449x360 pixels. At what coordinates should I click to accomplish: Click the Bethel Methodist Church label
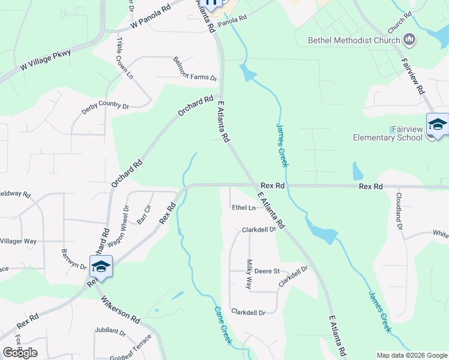354,41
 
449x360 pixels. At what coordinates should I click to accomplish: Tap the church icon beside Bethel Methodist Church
410,40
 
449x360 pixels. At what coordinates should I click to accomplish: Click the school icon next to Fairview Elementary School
437,124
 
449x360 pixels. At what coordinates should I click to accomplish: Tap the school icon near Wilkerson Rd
101,266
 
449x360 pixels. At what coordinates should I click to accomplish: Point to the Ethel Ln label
244,208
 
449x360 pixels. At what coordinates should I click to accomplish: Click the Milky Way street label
249,274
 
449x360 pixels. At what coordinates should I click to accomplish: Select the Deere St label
268,271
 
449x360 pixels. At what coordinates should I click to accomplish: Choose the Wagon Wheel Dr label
126,221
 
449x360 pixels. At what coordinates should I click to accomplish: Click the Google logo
20,353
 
